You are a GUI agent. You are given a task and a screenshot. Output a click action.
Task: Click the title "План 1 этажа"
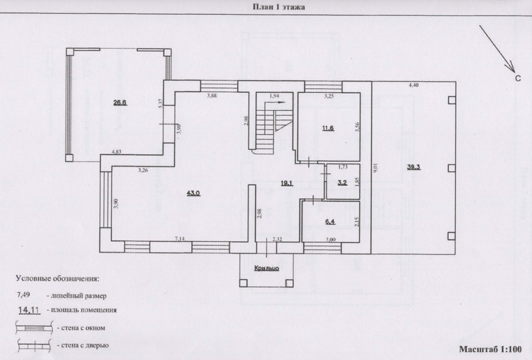tap(278, 7)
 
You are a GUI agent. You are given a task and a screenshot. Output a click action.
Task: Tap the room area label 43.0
tap(193, 193)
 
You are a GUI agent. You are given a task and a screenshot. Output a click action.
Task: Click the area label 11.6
tap(328, 128)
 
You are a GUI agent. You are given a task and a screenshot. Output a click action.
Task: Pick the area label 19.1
tap(287, 184)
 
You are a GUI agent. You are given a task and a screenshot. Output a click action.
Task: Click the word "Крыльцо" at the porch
tap(266, 268)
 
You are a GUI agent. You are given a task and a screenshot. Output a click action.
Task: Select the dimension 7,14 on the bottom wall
tap(180, 238)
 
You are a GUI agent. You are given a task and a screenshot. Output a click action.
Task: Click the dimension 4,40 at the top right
tap(413, 85)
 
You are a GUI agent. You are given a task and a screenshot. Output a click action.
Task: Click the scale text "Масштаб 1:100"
tap(490, 349)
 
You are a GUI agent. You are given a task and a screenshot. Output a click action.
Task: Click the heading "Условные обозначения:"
tap(57, 278)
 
